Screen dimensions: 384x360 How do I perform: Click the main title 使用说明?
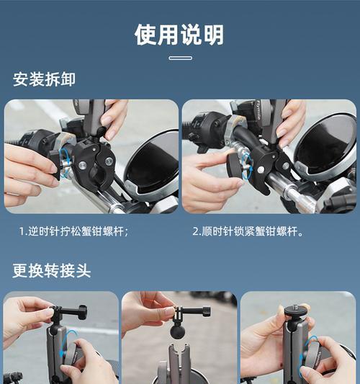click(x=179, y=34)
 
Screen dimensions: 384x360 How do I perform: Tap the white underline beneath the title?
click(x=179, y=58)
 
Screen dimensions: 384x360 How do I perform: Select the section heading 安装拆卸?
click(x=44, y=79)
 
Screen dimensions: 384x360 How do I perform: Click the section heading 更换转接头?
click(x=52, y=271)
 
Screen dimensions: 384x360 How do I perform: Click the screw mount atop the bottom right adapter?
click(x=294, y=311)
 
